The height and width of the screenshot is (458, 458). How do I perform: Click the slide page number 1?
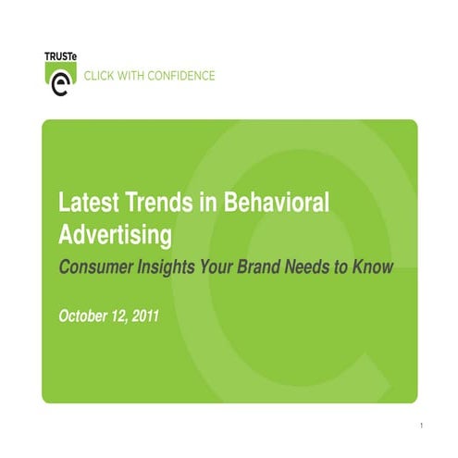coord(420,427)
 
